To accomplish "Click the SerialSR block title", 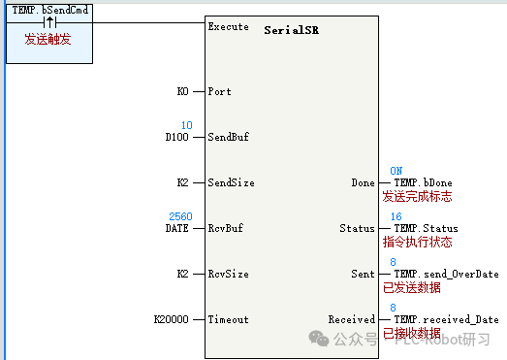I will pos(291,30).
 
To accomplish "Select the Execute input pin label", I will pos(228,27).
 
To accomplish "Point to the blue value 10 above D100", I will pos(187,125).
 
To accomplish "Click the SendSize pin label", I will pos(232,182).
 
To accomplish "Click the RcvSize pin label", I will pos(229,274).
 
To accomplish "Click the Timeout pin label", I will pos(229,319).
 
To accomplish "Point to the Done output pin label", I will pos(363,182).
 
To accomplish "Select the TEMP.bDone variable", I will pos(423,182).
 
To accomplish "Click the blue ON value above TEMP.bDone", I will pos(396,171).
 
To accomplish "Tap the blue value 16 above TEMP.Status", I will pos(396,216).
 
